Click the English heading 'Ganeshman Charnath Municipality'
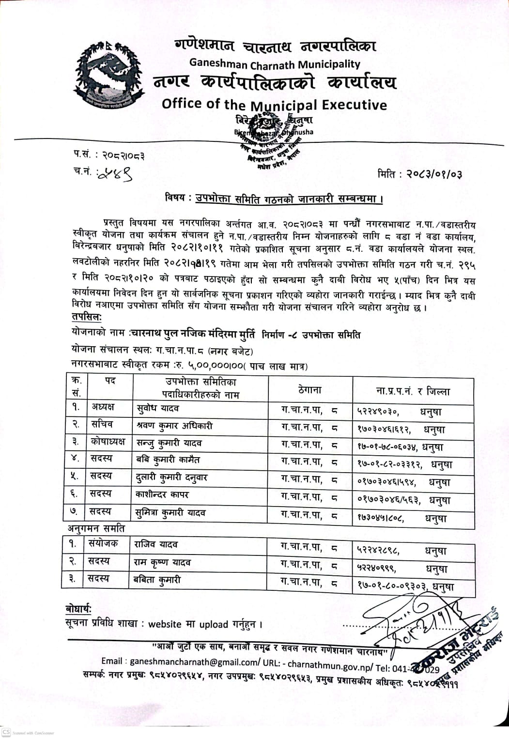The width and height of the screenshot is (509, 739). click(x=275, y=64)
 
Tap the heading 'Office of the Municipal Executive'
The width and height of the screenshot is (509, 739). click(x=274, y=105)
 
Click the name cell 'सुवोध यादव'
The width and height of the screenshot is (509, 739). click(x=158, y=408)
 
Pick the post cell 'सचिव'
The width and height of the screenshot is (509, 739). click(x=102, y=424)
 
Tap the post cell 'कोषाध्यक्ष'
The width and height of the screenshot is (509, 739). click(x=108, y=441)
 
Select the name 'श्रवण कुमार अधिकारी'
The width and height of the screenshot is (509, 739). click(x=175, y=426)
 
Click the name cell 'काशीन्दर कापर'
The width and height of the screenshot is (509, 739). click(x=162, y=494)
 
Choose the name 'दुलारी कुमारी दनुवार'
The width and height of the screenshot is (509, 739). click(x=171, y=477)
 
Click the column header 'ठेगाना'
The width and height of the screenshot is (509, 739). click(x=309, y=389)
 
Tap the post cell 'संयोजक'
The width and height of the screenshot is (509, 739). click(x=103, y=543)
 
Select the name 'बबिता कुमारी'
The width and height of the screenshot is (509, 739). click(x=157, y=579)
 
